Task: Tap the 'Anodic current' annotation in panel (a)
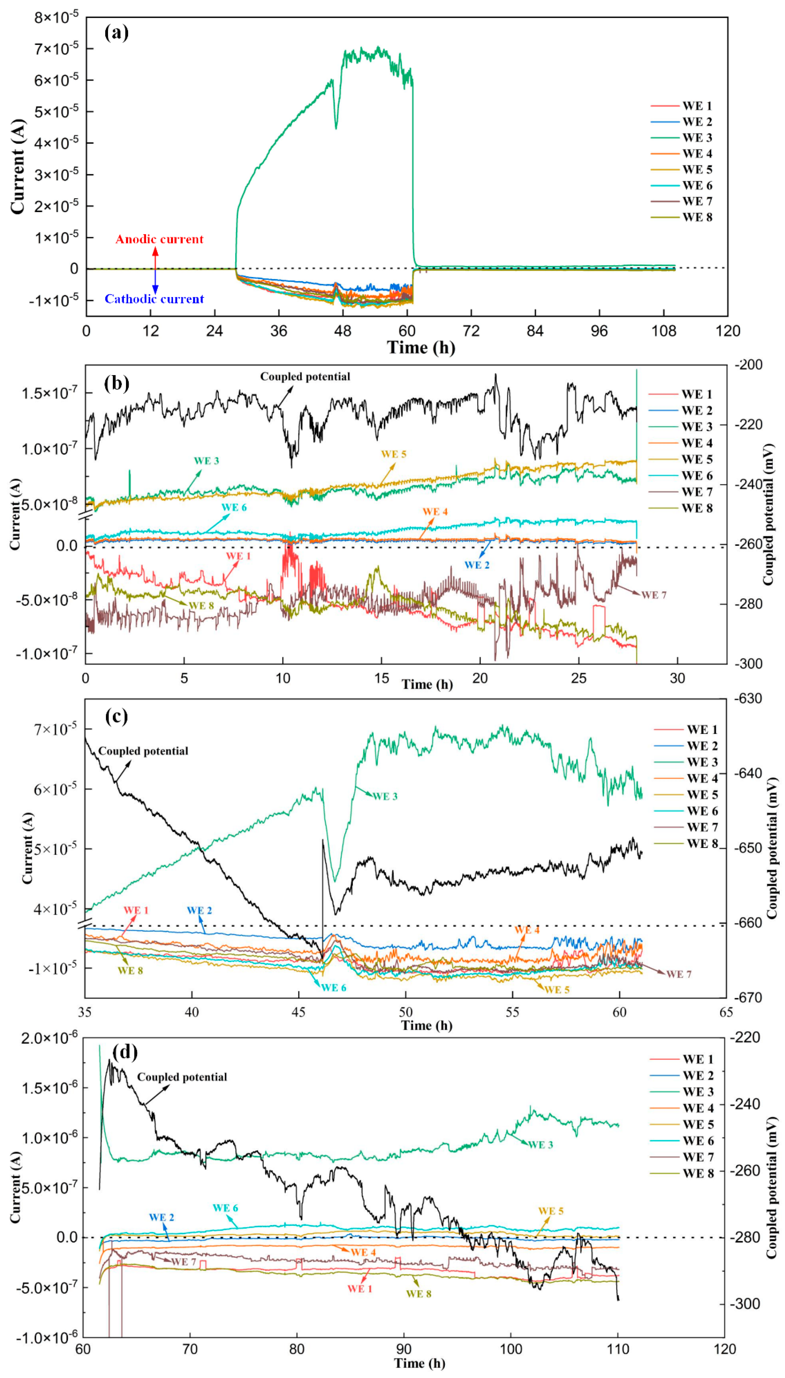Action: coord(160,239)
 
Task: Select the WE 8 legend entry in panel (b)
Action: coord(697,508)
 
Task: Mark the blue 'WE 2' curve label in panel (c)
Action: coord(199,910)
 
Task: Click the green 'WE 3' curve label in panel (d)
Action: coord(540,1144)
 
